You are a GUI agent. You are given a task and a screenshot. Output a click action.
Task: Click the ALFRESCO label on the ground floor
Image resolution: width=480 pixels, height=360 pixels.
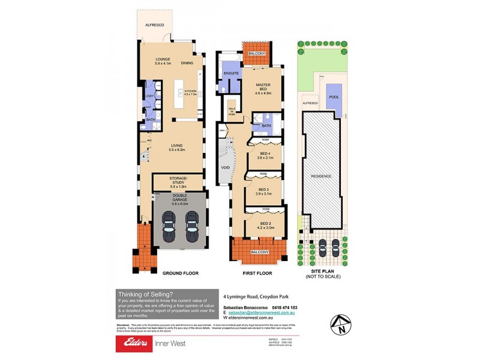tap(154, 26)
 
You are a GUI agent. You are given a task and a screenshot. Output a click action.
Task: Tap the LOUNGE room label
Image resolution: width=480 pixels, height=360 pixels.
tap(163, 59)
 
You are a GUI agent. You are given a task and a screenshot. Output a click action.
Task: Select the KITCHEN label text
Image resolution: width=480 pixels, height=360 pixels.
tap(191, 92)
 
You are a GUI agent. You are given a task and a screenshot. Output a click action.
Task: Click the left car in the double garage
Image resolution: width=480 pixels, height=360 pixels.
tap(169, 227)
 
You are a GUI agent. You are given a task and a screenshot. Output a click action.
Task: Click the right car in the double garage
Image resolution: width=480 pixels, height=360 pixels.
tap(192, 227)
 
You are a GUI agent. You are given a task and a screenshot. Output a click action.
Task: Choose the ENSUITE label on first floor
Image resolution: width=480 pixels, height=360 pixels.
tap(232, 73)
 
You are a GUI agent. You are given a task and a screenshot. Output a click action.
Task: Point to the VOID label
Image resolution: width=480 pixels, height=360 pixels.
tap(226, 167)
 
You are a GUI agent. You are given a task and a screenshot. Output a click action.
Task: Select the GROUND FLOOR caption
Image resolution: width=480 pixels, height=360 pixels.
tap(181, 273)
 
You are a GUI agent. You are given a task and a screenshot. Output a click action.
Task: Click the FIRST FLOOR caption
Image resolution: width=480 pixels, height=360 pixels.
tap(257, 273)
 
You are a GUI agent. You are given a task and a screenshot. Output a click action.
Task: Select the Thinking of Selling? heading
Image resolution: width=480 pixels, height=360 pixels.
tap(146, 293)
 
